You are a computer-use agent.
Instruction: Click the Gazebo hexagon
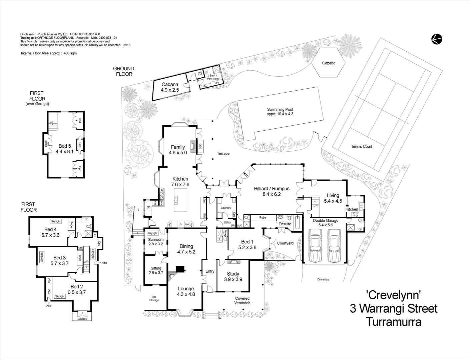coord(329,63)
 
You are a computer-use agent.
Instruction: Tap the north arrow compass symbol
coord(436,39)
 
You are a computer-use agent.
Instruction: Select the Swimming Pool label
coord(280,112)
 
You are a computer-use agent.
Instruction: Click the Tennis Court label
coord(361,146)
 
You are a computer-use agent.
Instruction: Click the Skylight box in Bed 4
coord(56,221)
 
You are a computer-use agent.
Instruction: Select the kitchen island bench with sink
coord(180,200)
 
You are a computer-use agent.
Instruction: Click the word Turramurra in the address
coord(393,322)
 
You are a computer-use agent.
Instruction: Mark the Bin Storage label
coord(154,298)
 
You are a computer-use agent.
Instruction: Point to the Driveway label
coord(323,279)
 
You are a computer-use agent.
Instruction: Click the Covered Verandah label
coord(242,301)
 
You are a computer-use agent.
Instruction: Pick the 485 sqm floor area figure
coord(70,53)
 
